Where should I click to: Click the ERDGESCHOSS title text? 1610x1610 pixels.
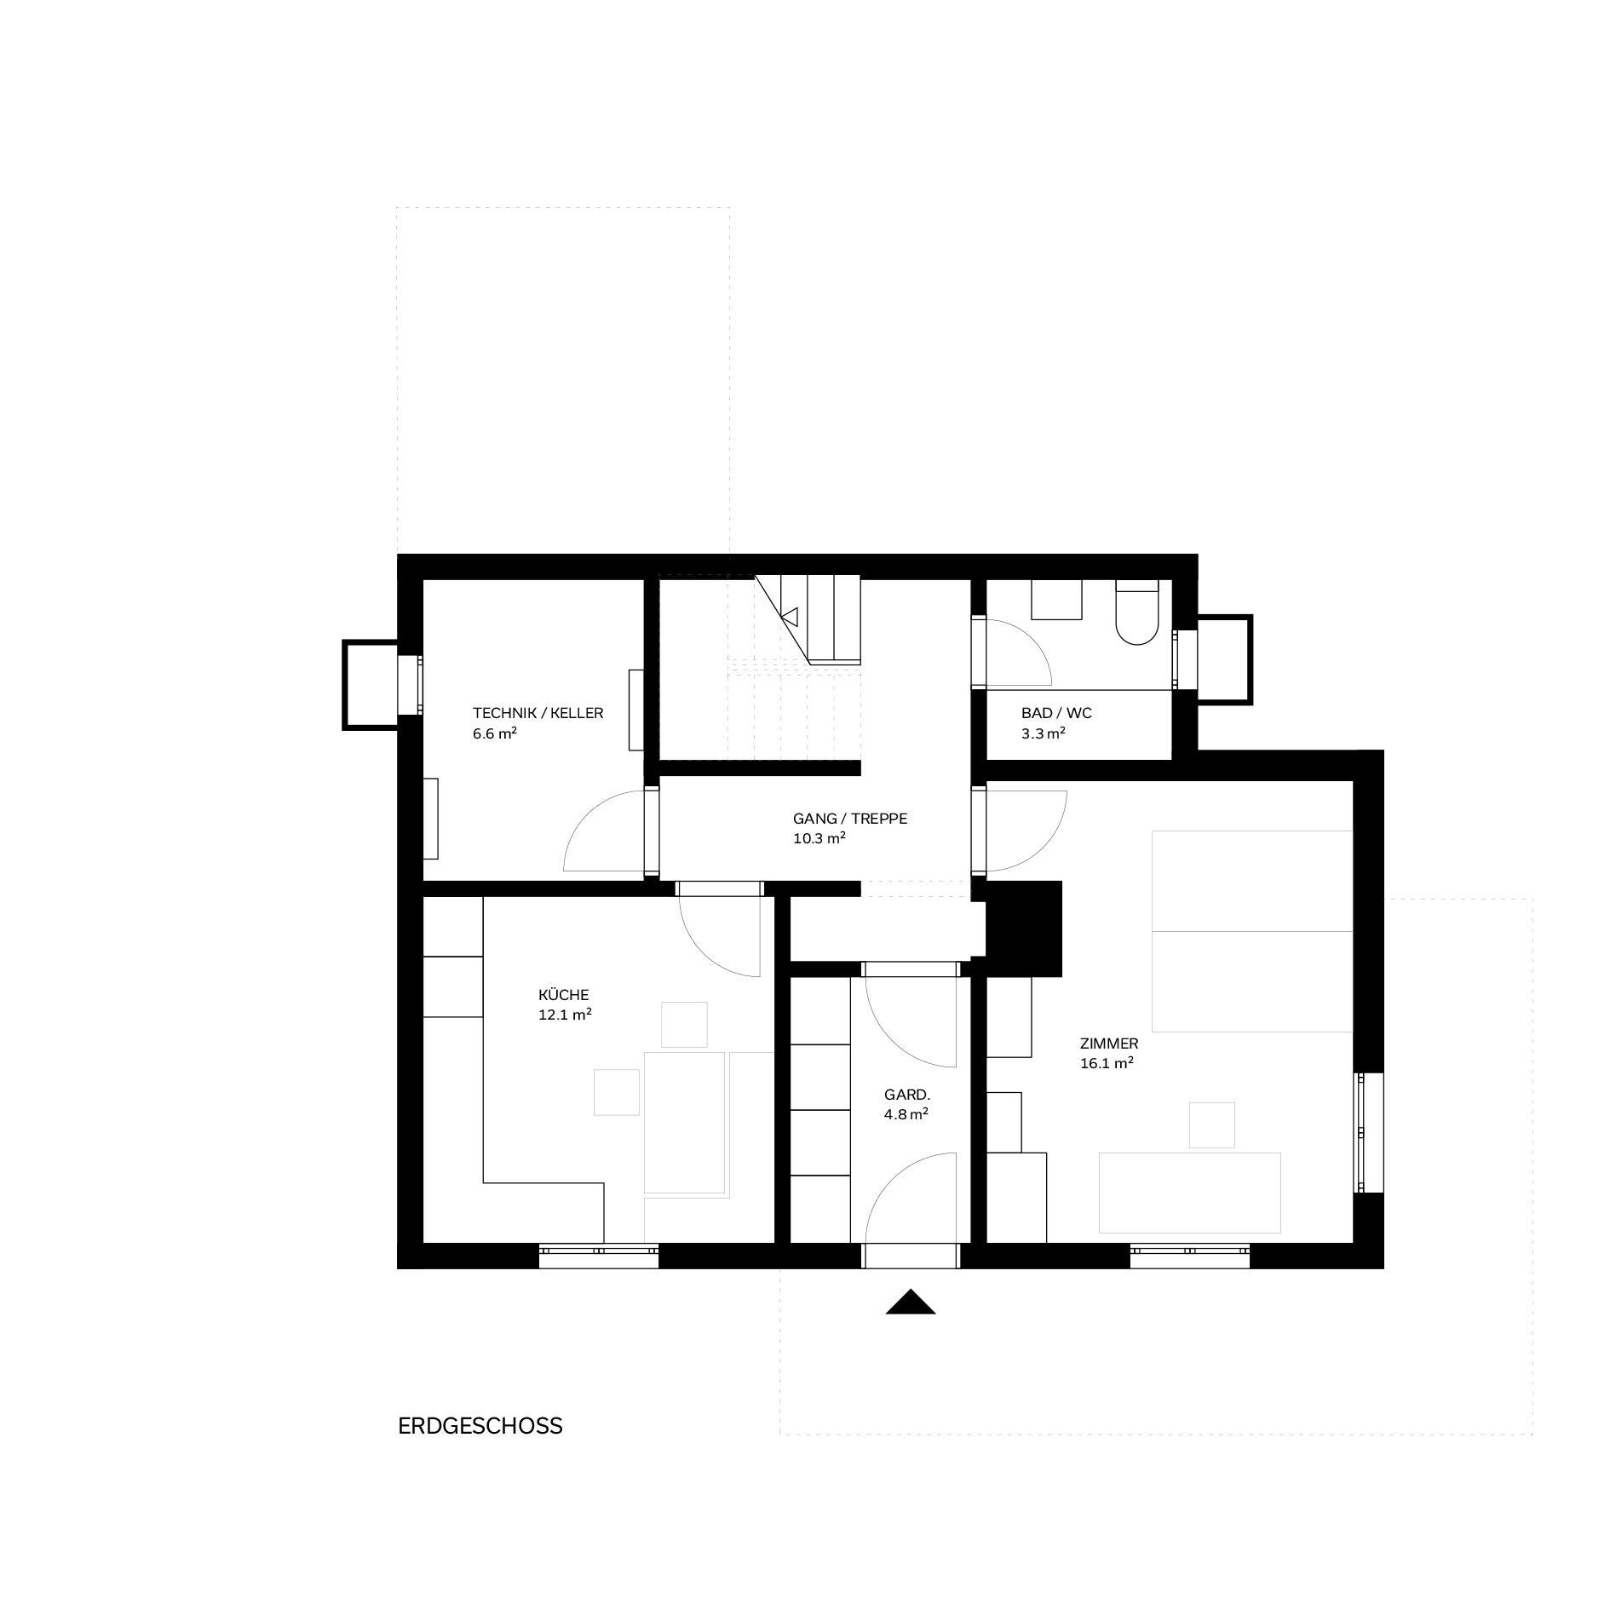480,1426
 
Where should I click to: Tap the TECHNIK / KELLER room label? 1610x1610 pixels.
538,713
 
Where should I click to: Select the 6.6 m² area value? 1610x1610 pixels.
495,733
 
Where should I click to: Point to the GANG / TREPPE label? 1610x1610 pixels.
850,819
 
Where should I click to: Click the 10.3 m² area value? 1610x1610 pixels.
819,838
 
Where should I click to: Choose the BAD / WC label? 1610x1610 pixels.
1056,713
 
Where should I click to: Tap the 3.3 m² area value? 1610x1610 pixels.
1044,733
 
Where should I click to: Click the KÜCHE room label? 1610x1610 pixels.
563,995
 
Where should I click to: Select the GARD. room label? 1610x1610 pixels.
907,1095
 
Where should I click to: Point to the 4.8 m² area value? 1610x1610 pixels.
906,1114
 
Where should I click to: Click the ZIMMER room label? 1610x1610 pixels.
1108,1044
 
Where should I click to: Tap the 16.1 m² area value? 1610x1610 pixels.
1107,1064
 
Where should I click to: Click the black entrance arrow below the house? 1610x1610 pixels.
911,1302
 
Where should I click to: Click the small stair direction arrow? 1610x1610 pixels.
790,616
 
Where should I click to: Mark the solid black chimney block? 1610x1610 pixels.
1024,928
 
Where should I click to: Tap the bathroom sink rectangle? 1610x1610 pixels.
1056,599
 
